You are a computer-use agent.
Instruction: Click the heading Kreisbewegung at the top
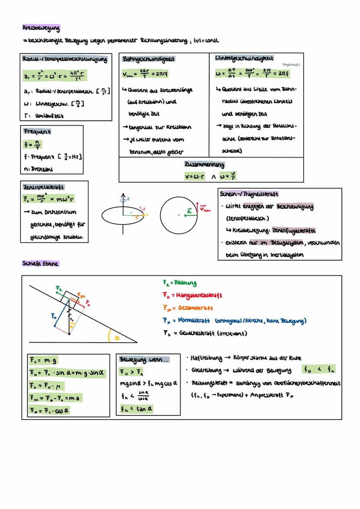[x=42, y=28]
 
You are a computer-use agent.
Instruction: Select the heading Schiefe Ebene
[x=40, y=263]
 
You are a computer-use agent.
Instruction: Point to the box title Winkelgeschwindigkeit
[x=244, y=58]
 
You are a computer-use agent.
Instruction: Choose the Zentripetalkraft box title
[x=43, y=186]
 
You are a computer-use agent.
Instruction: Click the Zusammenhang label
[x=204, y=165]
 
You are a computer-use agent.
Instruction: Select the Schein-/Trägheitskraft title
[x=250, y=194]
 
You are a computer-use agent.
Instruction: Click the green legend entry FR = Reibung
[x=179, y=283]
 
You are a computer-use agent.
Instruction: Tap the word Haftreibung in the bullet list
[x=207, y=358]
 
